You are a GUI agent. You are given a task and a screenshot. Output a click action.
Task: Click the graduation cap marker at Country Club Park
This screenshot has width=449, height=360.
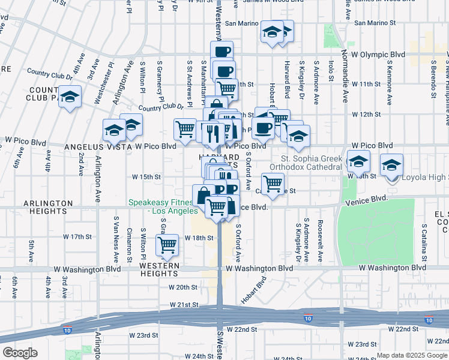coord(70,96)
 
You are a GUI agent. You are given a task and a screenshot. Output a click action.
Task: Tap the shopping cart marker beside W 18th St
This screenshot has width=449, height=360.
coord(166,244)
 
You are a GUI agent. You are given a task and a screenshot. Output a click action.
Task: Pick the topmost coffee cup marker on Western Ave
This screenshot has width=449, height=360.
coord(221,51)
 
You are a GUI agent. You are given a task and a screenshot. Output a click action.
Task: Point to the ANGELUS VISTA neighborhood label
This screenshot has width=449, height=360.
coord(96,145)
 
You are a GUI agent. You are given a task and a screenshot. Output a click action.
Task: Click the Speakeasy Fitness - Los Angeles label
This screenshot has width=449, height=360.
coord(161,206)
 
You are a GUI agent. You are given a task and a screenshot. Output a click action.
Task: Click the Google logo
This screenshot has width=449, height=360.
coord(20,353)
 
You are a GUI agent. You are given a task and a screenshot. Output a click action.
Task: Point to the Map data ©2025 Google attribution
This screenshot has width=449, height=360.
coord(412,355)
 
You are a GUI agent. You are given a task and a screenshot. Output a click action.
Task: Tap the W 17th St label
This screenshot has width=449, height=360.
coord(76,237)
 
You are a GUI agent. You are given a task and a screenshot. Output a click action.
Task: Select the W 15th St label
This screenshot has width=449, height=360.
coord(146,177)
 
